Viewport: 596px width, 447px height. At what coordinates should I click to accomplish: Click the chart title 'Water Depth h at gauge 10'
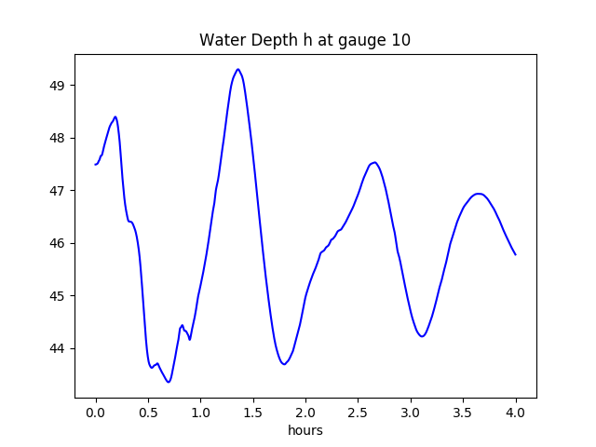(x=305, y=41)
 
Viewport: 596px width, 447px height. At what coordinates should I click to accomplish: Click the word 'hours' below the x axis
(x=305, y=431)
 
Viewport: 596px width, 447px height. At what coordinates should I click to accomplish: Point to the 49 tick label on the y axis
(x=57, y=86)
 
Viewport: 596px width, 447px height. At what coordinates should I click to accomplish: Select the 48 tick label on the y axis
(x=57, y=138)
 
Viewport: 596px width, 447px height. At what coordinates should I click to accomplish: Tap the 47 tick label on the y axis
(x=57, y=191)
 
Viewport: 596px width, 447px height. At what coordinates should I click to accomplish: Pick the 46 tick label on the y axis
(x=57, y=243)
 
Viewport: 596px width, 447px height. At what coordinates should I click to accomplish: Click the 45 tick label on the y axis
(x=57, y=296)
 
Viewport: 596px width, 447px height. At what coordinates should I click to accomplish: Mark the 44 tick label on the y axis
(x=57, y=348)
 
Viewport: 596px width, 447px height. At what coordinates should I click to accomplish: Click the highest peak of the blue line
(x=238, y=69)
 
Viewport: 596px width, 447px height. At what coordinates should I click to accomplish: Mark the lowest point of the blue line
(x=169, y=382)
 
